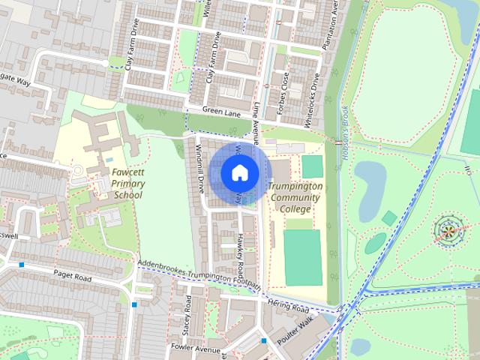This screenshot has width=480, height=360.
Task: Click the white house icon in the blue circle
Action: pyautogui.click(x=239, y=173)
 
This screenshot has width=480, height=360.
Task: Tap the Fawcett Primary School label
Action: pyautogui.click(x=127, y=183)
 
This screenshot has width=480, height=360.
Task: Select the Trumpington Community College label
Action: pyautogui.click(x=295, y=196)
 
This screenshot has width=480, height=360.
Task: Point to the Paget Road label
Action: pyautogui.click(x=72, y=277)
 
